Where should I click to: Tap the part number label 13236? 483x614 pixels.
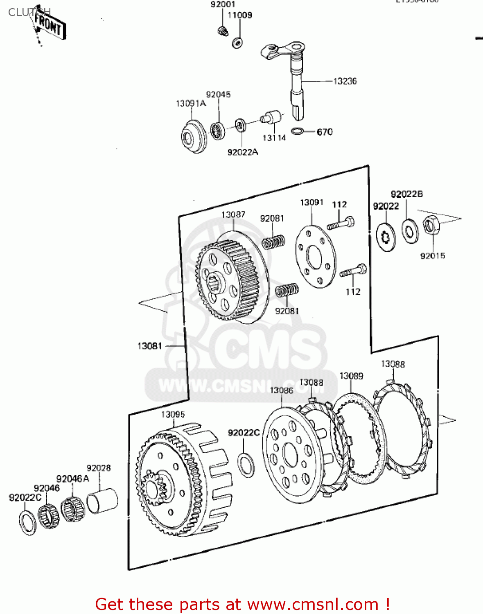point(345,81)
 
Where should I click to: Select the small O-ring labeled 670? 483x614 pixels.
point(297,131)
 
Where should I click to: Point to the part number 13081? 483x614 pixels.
point(150,346)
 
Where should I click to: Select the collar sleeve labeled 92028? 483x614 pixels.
point(102,500)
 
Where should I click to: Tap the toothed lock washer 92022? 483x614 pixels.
point(386,237)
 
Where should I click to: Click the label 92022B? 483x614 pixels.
point(406,194)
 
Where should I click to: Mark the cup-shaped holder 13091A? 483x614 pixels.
point(193,137)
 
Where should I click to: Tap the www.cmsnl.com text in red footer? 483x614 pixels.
point(313,604)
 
